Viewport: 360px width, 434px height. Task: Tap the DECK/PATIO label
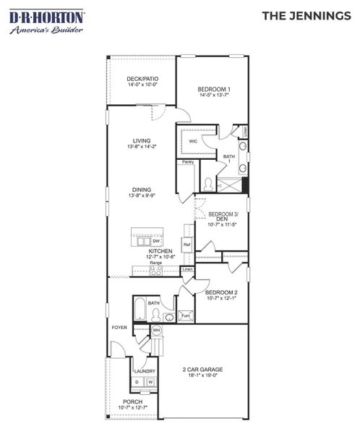click(142, 78)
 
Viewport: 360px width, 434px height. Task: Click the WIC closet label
click(193, 141)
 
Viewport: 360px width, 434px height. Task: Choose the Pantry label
click(187, 162)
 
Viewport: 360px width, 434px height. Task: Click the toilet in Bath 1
click(206, 184)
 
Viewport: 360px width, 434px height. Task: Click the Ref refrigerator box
click(187, 245)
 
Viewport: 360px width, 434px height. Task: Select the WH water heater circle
click(155, 331)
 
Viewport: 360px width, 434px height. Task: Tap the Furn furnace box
click(184, 316)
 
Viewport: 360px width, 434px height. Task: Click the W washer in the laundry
click(150, 382)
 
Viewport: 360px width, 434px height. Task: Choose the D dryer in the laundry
click(137, 382)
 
